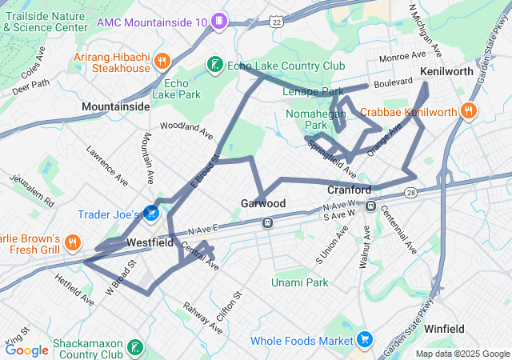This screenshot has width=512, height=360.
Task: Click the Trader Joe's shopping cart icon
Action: click(x=150, y=214)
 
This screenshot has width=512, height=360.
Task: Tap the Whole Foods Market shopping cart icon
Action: click(x=365, y=340)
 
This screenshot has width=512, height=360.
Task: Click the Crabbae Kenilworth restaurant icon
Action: click(x=469, y=112)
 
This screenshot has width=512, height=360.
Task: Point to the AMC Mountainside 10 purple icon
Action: click(x=220, y=21)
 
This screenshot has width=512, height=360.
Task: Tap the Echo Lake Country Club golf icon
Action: click(x=214, y=65)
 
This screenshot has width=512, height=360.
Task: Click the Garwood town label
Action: click(x=263, y=204)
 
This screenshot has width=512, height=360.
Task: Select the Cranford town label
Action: click(x=350, y=190)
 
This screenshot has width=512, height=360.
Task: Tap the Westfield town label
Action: click(x=150, y=242)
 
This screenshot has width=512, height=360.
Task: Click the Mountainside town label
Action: click(x=115, y=106)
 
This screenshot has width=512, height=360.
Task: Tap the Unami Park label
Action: click(x=300, y=282)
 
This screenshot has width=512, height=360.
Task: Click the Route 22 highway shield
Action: click(x=276, y=22)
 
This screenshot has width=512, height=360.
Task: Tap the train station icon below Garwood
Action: click(x=267, y=222)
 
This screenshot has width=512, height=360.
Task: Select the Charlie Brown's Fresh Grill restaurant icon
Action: click(x=72, y=241)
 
